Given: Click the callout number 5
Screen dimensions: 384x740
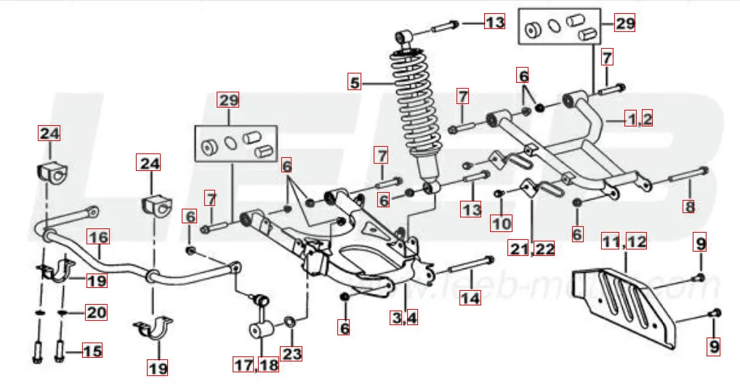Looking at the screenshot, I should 355,83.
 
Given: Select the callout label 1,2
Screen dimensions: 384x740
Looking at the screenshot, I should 640,119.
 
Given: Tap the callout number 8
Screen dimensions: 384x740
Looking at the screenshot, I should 689,206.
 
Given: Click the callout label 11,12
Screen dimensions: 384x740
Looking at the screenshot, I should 624,241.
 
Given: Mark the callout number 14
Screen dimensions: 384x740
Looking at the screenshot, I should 471,297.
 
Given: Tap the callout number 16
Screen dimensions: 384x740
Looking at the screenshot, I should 98,237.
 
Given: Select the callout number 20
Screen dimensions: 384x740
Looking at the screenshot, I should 96,313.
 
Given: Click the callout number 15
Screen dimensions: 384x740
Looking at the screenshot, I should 92,352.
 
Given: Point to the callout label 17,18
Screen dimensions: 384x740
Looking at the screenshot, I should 256,364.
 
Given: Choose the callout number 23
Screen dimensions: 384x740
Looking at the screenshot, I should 291,354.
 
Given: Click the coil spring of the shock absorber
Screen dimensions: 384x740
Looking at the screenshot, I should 414,109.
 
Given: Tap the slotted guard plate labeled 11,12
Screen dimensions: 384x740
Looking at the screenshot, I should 625,298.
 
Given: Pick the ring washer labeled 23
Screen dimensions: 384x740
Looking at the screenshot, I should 289,321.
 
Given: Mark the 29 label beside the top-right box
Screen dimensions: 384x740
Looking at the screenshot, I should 624,23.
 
